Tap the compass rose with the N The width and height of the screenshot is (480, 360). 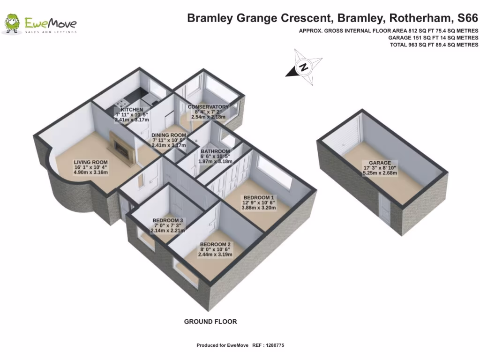pyautogui.click(x=304, y=67)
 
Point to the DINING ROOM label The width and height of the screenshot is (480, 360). pyautogui.click(x=169, y=135)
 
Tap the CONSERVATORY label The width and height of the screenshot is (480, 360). pyautogui.click(x=208, y=107)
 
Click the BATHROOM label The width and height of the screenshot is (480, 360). pyautogui.click(x=215, y=151)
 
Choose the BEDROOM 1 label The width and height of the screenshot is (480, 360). pyautogui.click(x=259, y=197)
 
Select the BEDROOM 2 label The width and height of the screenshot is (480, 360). pyautogui.click(x=215, y=244)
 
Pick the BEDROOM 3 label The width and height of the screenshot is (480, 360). pyautogui.click(x=168, y=220)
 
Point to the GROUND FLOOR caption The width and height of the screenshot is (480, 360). pyautogui.click(x=210, y=322)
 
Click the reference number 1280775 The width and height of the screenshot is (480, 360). pyautogui.click(x=275, y=345)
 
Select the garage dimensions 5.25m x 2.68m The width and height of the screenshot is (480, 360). pyautogui.click(x=380, y=172)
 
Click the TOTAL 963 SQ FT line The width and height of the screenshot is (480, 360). pyautogui.click(x=434, y=45)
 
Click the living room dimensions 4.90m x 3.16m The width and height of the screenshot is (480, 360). pyautogui.click(x=91, y=172)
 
